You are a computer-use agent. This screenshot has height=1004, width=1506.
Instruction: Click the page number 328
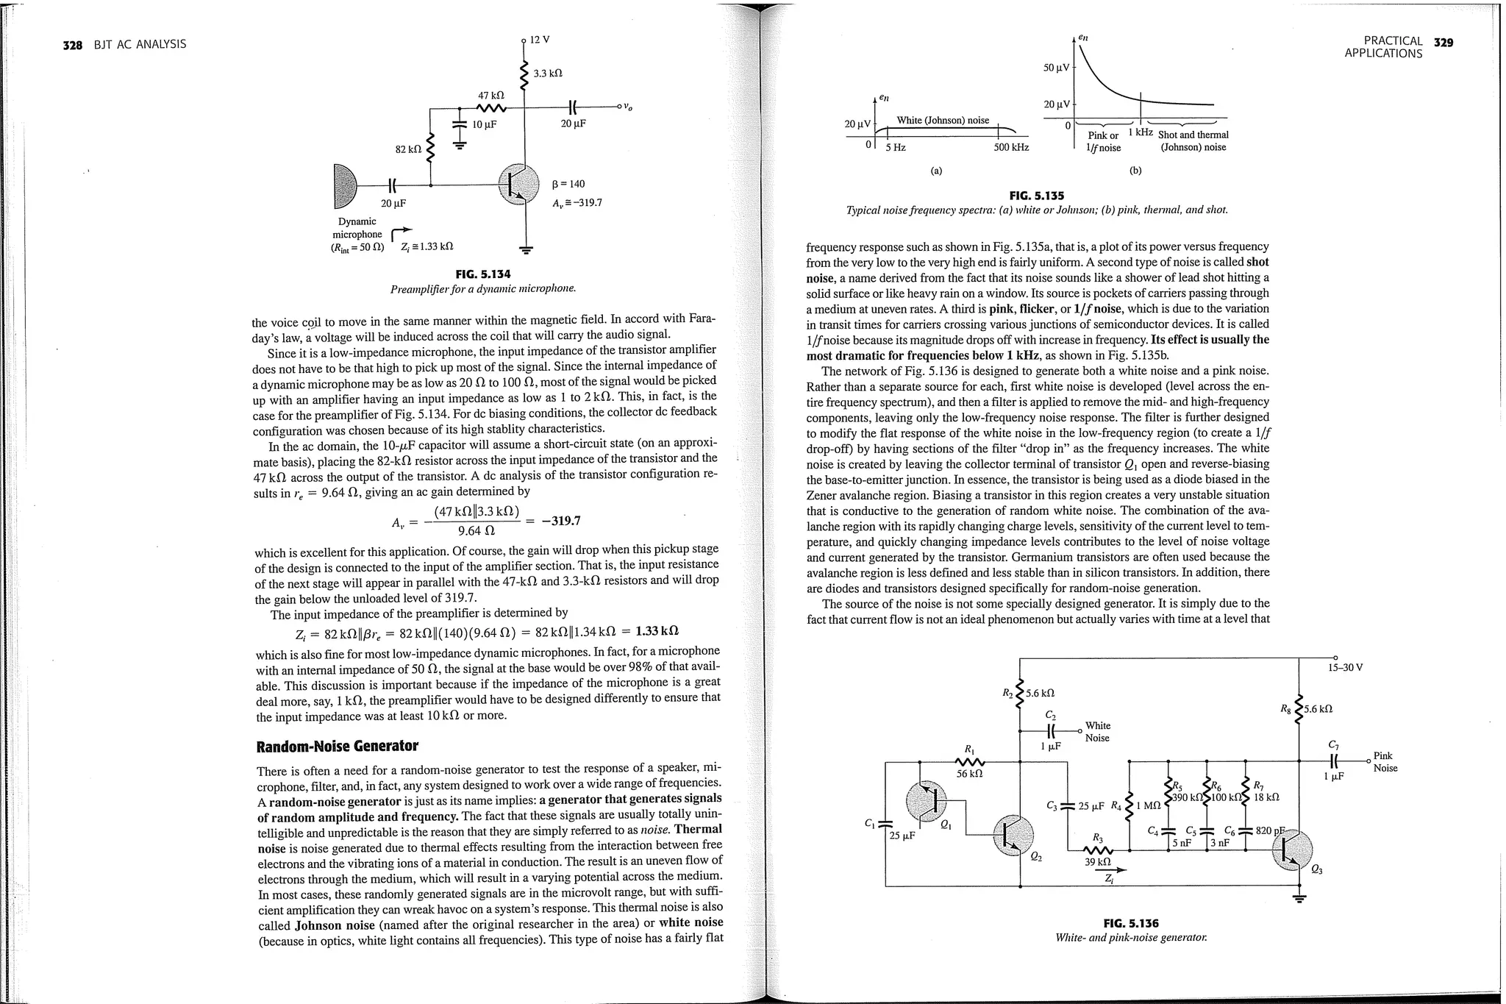coord(72,45)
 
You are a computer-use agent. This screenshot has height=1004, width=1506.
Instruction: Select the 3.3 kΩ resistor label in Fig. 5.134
coord(547,74)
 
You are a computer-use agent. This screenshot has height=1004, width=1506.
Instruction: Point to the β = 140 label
coord(568,184)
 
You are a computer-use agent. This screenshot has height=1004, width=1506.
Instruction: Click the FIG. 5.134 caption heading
coord(482,274)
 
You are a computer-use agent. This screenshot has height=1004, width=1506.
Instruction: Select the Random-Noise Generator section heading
coord(337,747)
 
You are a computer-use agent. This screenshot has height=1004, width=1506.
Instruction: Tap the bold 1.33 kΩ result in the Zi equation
coord(657,631)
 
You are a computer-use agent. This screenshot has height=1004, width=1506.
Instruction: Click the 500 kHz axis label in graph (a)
coord(1010,148)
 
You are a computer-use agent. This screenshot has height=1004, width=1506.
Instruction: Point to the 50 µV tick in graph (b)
coord(1057,68)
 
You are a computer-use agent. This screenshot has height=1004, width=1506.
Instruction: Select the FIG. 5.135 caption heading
coord(1036,196)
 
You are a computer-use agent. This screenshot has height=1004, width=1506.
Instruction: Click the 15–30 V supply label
coord(1345,668)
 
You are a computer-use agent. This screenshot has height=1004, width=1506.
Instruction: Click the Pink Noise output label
coord(1385,762)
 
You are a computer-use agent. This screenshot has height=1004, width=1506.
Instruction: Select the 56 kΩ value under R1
coord(969,774)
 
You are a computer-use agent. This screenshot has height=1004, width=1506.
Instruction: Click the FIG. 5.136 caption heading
coord(1130,924)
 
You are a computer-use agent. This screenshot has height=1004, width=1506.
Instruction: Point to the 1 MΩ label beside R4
coord(1148,806)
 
